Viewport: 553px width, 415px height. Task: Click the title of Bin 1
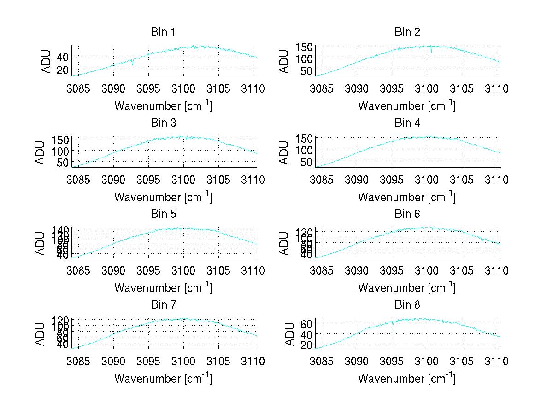pyautogui.click(x=163, y=32)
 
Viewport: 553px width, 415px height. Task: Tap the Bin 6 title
pyautogui.click(x=407, y=214)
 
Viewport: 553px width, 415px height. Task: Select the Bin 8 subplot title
pyautogui.click(x=407, y=305)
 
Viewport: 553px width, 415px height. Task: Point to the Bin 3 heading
pyautogui.click(x=163, y=123)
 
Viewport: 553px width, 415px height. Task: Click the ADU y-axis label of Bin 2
pyautogui.click(x=285, y=61)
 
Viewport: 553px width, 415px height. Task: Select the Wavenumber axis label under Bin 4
pyautogui.click(x=407, y=197)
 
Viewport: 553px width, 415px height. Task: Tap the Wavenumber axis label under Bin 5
pyautogui.click(x=163, y=288)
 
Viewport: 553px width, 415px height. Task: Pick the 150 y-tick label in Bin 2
pyautogui.click(x=303, y=47)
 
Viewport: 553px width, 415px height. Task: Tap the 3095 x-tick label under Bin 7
pyautogui.click(x=148, y=362)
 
